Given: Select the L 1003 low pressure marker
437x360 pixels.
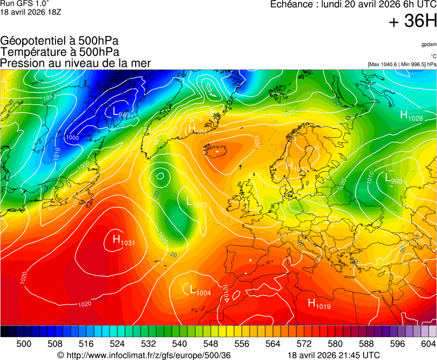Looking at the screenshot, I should point(196,203).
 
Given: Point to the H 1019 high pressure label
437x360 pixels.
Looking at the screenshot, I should point(319,303).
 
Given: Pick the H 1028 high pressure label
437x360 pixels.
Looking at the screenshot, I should point(411,116).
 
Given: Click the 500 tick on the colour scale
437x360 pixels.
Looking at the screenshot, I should point(24,344).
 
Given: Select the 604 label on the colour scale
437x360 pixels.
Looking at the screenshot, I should point(428,344).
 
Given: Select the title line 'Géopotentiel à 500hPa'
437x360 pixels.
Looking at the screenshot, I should point(59,41).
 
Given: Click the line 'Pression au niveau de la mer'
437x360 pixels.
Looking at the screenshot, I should point(76,63).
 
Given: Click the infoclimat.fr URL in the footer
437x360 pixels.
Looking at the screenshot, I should point(144,355).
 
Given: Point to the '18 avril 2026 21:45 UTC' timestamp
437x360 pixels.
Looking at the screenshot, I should point(334,355).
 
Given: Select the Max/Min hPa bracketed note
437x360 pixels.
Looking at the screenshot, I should point(402,64).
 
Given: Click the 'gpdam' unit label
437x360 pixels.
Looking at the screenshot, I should point(428,44).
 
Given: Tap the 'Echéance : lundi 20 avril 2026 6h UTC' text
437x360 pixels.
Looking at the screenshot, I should point(353,4).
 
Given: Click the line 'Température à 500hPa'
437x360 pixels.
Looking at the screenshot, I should point(59,52).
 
